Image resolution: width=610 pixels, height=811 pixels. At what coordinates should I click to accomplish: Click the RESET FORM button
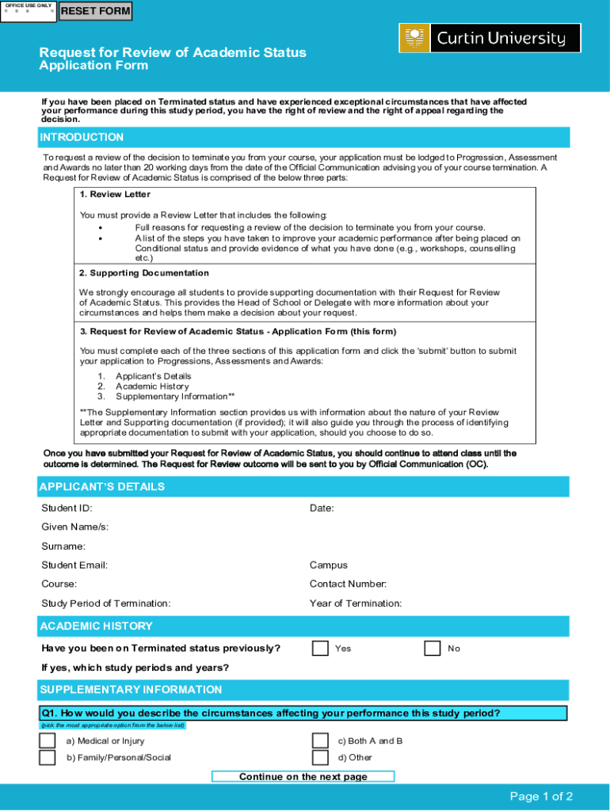coord(96,11)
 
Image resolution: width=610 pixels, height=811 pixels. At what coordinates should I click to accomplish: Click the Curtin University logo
coord(490,38)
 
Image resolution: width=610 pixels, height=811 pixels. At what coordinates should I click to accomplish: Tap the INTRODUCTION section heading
coord(82,137)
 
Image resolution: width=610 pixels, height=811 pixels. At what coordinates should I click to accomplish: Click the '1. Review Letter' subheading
coord(115,194)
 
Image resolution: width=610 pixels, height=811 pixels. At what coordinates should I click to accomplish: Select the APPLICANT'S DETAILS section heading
coord(102,486)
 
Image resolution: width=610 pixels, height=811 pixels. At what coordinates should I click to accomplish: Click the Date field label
coord(322,508)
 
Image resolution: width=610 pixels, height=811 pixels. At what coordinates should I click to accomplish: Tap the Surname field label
coord(63,546)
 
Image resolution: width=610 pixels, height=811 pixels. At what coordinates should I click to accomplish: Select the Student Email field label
coord(74,565)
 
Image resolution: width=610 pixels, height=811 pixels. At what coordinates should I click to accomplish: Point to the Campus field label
coord(328,565)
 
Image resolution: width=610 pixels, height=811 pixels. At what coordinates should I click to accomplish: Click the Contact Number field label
coord(348,584)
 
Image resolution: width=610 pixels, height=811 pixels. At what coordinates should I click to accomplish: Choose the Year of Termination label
coord(356,603)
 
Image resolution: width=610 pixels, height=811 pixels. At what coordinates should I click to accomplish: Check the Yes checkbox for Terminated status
coord(320,648)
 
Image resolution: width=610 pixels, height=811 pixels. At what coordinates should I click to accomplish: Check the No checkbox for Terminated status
coord(433,648)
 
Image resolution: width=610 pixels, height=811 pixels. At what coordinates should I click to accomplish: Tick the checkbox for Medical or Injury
coord(48,741)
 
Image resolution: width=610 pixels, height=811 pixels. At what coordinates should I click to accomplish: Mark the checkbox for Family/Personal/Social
coord(48,757)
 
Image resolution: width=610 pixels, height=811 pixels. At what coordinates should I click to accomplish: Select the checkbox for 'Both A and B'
coord(320,741)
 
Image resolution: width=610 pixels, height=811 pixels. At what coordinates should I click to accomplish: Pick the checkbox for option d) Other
coord(320,757)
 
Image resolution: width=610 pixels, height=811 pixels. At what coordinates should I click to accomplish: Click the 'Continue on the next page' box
coord(303,776)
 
